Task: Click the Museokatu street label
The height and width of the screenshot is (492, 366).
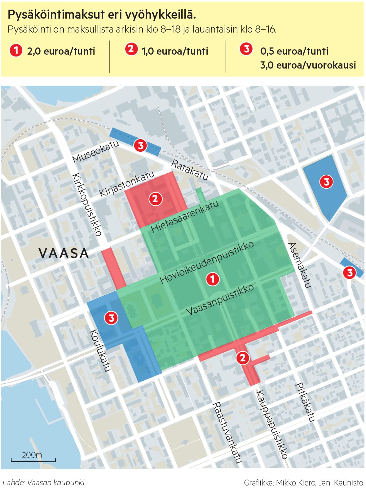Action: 95,152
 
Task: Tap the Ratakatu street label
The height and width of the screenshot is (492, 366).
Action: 190,170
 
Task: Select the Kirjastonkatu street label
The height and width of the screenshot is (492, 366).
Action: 127,184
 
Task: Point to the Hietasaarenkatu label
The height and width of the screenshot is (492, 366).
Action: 185,217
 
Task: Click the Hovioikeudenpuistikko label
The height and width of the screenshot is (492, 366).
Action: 207,262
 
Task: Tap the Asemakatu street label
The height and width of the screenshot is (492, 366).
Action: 299,265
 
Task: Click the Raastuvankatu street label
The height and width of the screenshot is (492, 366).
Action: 227,433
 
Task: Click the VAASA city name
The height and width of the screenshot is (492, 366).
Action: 64,253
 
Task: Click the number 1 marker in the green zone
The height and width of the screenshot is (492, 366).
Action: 213,279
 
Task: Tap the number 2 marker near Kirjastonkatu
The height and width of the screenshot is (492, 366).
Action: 155,199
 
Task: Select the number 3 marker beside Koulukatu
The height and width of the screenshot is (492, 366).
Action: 111,318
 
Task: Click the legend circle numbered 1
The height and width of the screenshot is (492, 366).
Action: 16,50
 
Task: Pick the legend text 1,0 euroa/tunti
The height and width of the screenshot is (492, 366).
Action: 175,51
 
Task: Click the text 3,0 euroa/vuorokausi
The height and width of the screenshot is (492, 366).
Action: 308,65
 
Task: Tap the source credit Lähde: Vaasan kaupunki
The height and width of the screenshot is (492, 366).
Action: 44,483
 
